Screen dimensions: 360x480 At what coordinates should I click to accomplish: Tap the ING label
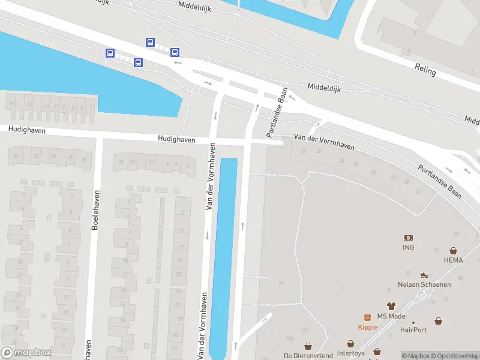409,247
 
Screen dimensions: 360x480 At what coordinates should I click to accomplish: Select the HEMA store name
454,260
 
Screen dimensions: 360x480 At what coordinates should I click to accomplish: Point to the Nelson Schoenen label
424,284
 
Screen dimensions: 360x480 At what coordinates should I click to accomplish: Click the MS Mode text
391,316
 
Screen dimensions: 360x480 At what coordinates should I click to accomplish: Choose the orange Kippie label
367,327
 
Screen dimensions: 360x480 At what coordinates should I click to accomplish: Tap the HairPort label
413,329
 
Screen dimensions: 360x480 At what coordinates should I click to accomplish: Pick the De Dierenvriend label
308,355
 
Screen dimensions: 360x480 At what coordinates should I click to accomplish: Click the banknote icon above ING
409,238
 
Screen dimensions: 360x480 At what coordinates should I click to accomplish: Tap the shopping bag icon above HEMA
454,250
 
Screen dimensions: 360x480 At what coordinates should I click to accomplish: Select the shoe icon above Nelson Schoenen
424,275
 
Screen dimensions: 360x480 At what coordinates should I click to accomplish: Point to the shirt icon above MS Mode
391,306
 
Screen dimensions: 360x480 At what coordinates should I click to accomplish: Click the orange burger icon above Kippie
367,317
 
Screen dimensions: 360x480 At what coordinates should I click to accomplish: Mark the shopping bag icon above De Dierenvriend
308,346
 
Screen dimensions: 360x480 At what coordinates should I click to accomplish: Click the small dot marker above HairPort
413,322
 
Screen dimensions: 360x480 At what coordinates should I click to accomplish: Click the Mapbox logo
26,353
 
